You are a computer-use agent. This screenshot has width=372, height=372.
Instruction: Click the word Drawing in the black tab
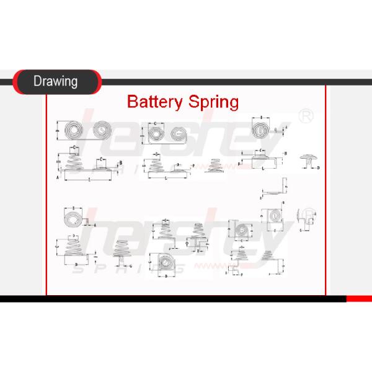[55, 81]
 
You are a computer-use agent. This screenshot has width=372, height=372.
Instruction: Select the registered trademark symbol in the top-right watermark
[305, 116]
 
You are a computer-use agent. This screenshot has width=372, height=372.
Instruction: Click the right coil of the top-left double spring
[100, 131]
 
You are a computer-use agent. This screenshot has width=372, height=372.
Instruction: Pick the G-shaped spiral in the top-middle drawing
[178, 134]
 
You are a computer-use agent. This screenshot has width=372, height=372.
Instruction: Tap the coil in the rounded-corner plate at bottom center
[166, 264]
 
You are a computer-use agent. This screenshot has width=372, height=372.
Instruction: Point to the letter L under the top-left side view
[90, 179]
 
